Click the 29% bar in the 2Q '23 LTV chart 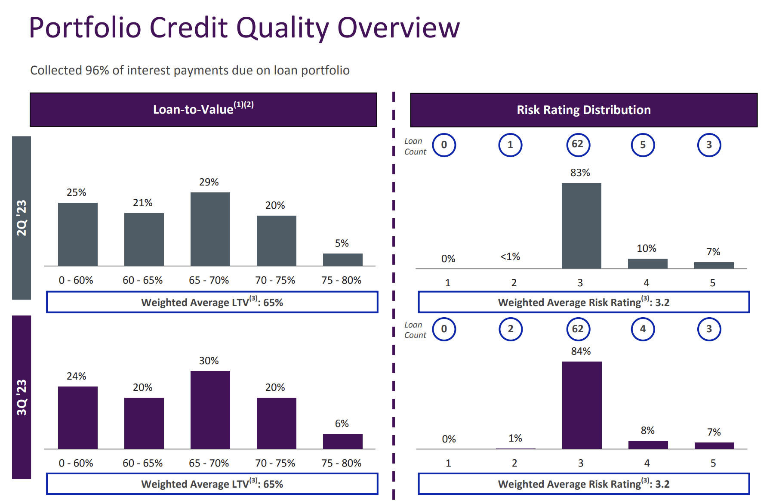(x=210, y=229)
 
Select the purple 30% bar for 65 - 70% (x=210, y=410)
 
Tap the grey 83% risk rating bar (x=581, y=226)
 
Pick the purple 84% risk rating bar (x=582, y=405)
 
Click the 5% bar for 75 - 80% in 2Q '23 (x=342, y=260)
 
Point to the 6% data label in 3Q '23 (x=342, y=424)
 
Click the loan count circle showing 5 (x=643, y=145)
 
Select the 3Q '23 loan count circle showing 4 (x=643, y=329)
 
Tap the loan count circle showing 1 (x=510, y=145)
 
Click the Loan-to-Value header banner (x=203, y=110)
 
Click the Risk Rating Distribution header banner (x=584, y=110)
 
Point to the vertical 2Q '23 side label (x=22, y=218)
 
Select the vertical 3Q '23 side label (x=22, y=397)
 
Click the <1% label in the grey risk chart (x=510, y=257)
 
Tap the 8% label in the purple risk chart (x=647, y=430)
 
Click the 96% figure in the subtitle (x=97, y=70)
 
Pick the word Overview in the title (x=398, y=28)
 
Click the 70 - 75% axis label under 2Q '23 (x=275, y=280)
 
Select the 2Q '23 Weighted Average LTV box (x=212, y=302)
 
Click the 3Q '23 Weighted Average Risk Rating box (x=584, y=484)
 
